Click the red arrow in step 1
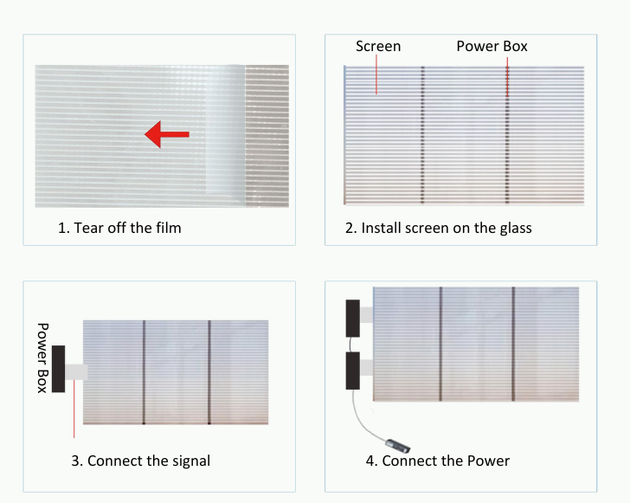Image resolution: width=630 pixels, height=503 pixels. [x=166, y=134]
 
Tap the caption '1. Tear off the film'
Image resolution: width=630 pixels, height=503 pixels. [x=119, y=228]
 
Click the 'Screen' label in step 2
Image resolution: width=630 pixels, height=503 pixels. [x=378, y=46]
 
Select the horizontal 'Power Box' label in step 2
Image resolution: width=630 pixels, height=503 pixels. [x=492, y=46]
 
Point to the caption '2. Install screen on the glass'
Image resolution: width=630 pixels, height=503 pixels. [x=439, y=228]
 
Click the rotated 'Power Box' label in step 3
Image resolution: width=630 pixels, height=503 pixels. [x=43, y=358]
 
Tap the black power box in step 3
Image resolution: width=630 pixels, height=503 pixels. [x=58, y=369]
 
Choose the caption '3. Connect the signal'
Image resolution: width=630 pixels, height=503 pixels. [x=140, y=461]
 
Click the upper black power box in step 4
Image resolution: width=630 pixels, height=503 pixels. [x=353, y=318]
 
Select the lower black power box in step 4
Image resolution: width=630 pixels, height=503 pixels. [x=353, y=371]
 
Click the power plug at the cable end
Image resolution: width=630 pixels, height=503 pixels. [x=398, y=446]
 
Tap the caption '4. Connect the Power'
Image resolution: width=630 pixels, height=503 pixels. [x=438, y=461]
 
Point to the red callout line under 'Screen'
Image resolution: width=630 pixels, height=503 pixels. [x=376, y=74]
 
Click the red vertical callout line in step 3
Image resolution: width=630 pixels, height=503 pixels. [x=74, y=409]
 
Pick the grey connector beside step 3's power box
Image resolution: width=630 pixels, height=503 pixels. [x=76, y=372]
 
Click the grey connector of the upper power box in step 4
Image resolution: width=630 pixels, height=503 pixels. [x=366, y=315]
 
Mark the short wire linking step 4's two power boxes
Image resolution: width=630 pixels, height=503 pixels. [x=350, y=345]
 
